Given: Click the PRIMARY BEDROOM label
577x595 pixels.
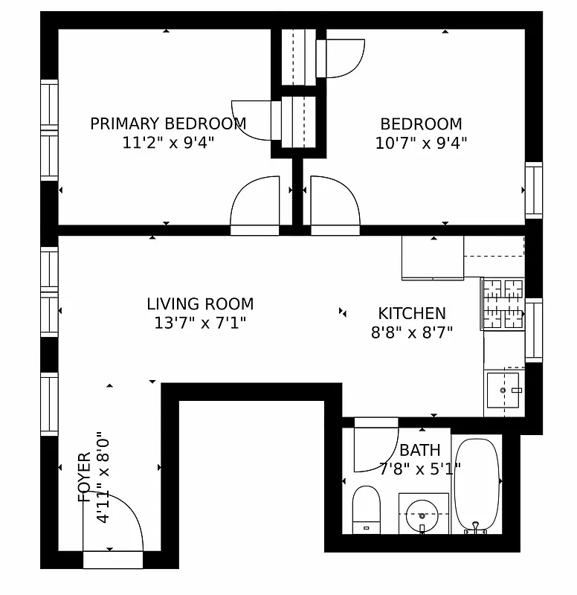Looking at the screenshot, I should pyautogui.click(x=168, y=123).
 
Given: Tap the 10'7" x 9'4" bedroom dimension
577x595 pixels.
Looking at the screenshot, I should pyautogui.click(x=421, y=143).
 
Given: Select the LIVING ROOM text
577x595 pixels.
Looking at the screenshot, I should pyautogui.click(x=200, y=303).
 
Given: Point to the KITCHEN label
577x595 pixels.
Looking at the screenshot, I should pyautogui.click(x=412, y=313).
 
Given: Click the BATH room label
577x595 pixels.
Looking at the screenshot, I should pyautogui.click(x=419, y=450).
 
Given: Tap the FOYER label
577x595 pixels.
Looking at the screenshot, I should pyautogui.click(x=84, y=477).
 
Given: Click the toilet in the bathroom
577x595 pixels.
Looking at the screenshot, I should pyautogui.click(x=366, y=509).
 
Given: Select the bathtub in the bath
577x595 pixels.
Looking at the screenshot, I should pyautogui.click(x=476, y=485).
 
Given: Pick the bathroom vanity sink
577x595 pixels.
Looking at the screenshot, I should pyautogui.click(x=423, y=513).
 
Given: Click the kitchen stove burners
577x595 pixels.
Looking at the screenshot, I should pyautogui.click(x=503, y=303).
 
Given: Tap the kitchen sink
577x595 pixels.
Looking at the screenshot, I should pyautogui.click(x=505, y=390).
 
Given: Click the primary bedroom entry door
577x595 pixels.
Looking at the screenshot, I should pyautogui.click(x=255, y=204).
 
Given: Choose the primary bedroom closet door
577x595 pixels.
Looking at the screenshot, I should pyautogui.click(x=255, y=119).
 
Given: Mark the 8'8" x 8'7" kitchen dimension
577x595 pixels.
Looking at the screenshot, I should pyautogui.click(x=412, y=332).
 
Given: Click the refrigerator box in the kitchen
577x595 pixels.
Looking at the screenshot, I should pyautogui.click(x=432, y=257).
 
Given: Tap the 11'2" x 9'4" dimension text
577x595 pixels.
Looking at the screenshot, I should pyautogui.click(x=168, y=143).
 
